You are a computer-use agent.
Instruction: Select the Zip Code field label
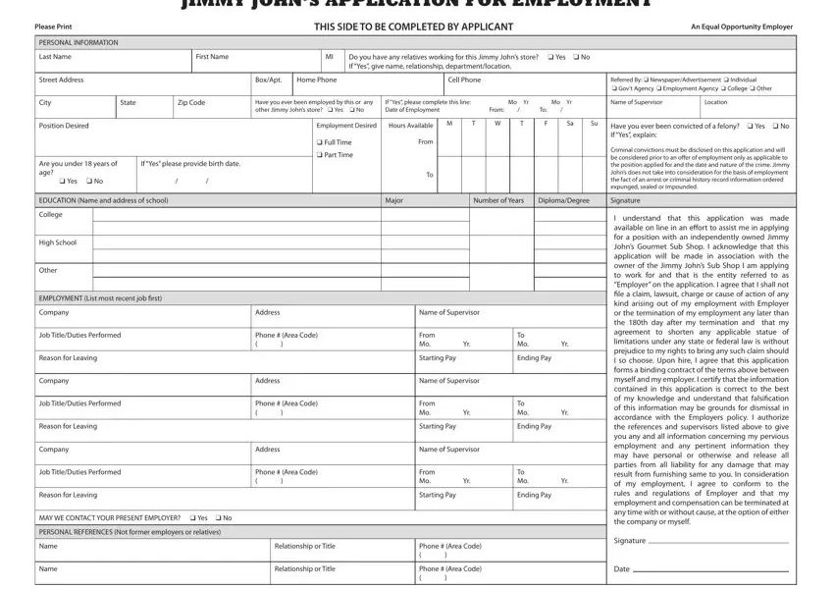[x=191, y=102]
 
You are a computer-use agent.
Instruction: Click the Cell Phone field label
[x=464, y=80]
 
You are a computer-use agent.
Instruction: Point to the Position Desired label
[x=63, y=126]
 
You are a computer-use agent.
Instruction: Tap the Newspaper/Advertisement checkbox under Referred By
[x=647, y=80]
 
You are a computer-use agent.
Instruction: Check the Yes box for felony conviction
[x=749, y=126]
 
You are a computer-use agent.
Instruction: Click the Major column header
[x=394, y=200]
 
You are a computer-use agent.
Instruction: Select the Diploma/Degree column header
[x=564, y=200]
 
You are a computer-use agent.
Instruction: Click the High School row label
[x=57, y=242]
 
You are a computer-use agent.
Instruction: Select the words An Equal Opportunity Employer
[x=742, y=27]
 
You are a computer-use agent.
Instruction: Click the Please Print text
[x=52, y=27]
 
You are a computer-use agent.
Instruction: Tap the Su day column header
[x=594, y=124]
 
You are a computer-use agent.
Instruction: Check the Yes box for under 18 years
[x=62, y=181]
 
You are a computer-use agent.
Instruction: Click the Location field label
[x=715, y=102]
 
